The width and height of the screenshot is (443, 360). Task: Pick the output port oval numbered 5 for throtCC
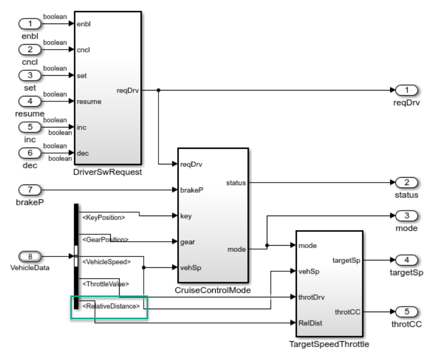click(407, 312)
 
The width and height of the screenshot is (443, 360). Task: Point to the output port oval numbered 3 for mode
click(407, 216)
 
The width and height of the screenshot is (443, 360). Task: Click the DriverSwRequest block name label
click(107, 172)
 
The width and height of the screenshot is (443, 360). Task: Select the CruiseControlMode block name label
click(212, 291)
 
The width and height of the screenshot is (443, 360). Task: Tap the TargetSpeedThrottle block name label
click(329, 344)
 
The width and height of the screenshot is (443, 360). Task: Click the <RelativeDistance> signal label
click(111, 306)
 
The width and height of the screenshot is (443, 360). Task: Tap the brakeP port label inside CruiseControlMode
click(190, 190)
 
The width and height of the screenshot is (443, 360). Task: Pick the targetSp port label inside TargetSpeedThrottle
click(347, 260)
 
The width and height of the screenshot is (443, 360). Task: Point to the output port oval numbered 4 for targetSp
click(407, 260)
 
